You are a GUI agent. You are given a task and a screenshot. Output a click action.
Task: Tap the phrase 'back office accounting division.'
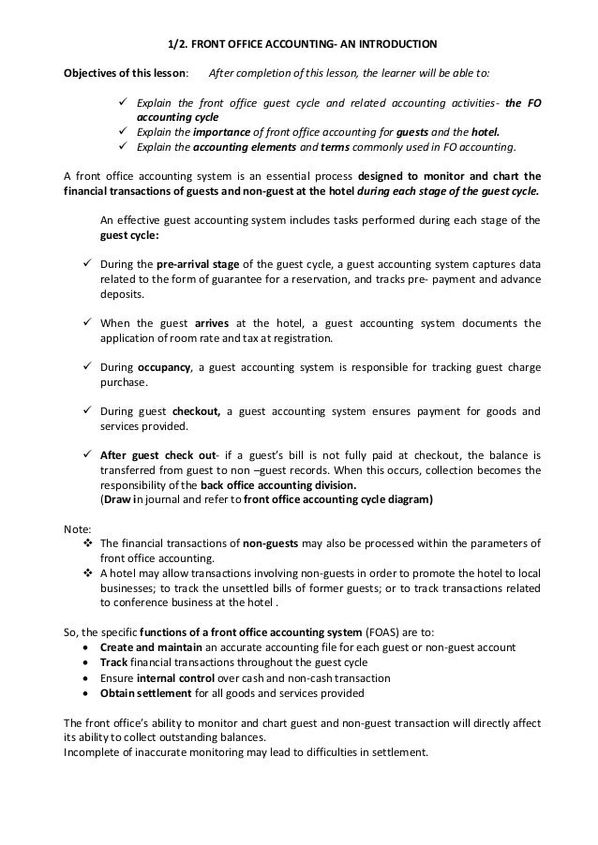click(x=279, y=485)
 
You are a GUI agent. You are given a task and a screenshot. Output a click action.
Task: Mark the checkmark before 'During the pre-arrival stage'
click(x=79, y=264)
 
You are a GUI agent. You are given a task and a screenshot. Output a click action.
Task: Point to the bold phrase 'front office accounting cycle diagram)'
click(x=337, y=500)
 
